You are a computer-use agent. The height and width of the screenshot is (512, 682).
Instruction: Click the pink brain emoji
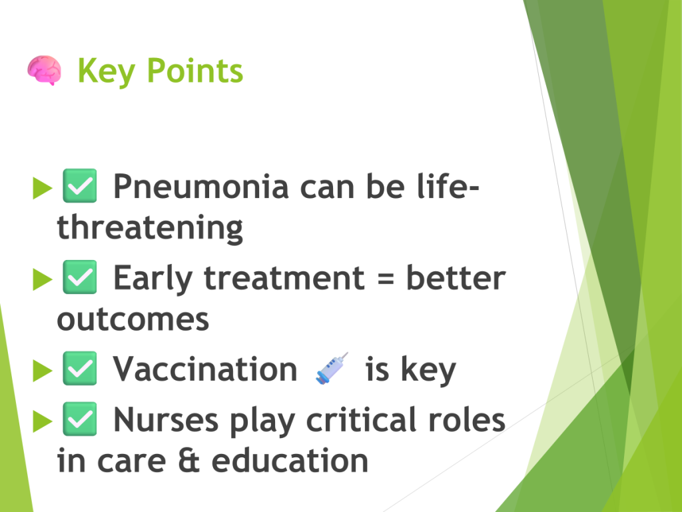pyautogui.click(x=44, y=71)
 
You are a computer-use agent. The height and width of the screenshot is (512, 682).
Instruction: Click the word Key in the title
pyautogui.click(x=106, y=71)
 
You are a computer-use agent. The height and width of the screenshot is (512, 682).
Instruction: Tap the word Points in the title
pyautogui.click(x=195, y=70)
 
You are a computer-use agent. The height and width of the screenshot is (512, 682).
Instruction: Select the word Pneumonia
pyautogui.click(x=201, y=187)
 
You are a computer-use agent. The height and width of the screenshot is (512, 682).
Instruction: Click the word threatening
pyautogui.click(x=150, y=228)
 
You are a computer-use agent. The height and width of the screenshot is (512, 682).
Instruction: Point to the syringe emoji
pyautogui.click(x=332, y=368)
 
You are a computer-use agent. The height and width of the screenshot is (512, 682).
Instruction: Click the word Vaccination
pyautogui.click(x=205, y=369)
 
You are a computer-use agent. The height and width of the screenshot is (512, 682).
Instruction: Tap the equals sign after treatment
pyautogui.click(x=386, y=279)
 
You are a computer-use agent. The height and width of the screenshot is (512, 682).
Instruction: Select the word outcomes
pyautogui.click(x=133, y=319)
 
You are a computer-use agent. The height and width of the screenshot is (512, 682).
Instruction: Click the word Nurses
pyautogui.click(x=166, y=420)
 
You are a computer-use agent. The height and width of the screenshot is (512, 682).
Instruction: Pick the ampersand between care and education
pyautogui.click(x=188, y=460)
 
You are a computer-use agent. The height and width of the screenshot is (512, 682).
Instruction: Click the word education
pyautogui.click(x=290, y=460)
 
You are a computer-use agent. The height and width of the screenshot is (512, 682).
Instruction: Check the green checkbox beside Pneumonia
pyautogui.click(x=80, y=186)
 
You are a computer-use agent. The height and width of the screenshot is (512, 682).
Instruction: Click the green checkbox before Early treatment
pyautogui.click(x=80, y=277)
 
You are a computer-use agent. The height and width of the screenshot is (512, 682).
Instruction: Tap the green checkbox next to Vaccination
pyautogui.click(x=80, y=368)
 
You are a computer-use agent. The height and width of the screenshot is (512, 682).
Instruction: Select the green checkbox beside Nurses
pyautogui.click(x=80, y=419)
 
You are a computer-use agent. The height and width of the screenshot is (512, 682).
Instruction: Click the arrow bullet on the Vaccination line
pyautogui.click(x=42, y=371)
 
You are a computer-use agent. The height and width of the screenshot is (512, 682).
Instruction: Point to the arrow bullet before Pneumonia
pyautogui.click(x=42, y=188)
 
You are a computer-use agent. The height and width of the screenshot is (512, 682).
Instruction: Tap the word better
pyautogui.click(x=456, y=278)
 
